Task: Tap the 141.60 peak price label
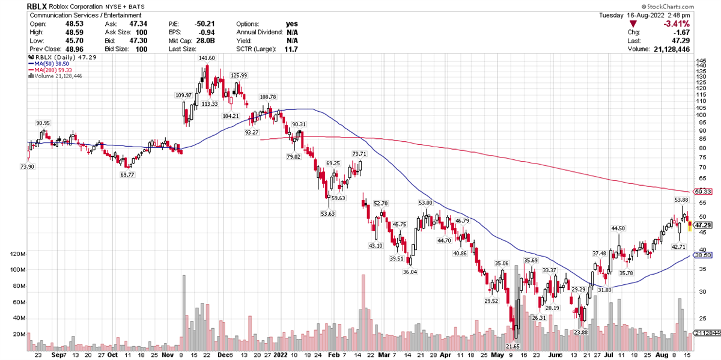(207, 58)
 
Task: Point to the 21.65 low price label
(513, 347)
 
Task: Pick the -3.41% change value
(677, 23)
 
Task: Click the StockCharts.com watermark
(690, 5)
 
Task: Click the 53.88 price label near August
(681, 200)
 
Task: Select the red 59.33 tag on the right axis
(702, 192)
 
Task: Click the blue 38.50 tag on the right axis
(702, 255)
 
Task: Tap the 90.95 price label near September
(43, 123)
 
